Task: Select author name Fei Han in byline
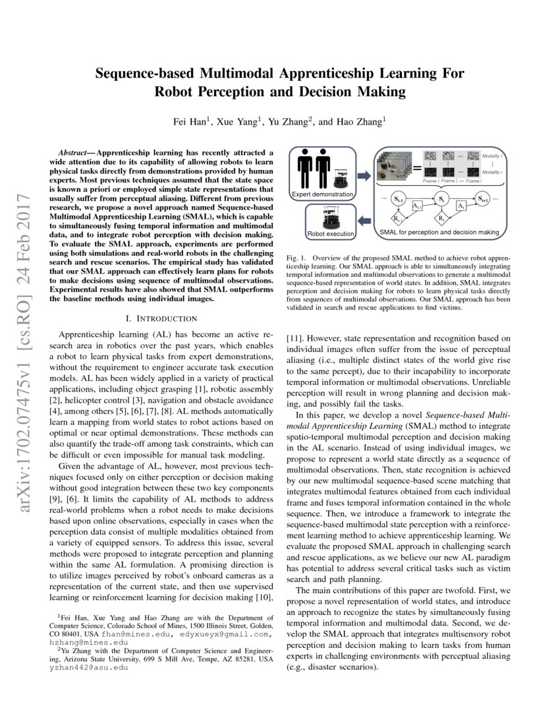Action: tap(192, 122)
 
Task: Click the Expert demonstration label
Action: tap(322, 195)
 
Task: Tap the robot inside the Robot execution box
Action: tap(329, 217)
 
